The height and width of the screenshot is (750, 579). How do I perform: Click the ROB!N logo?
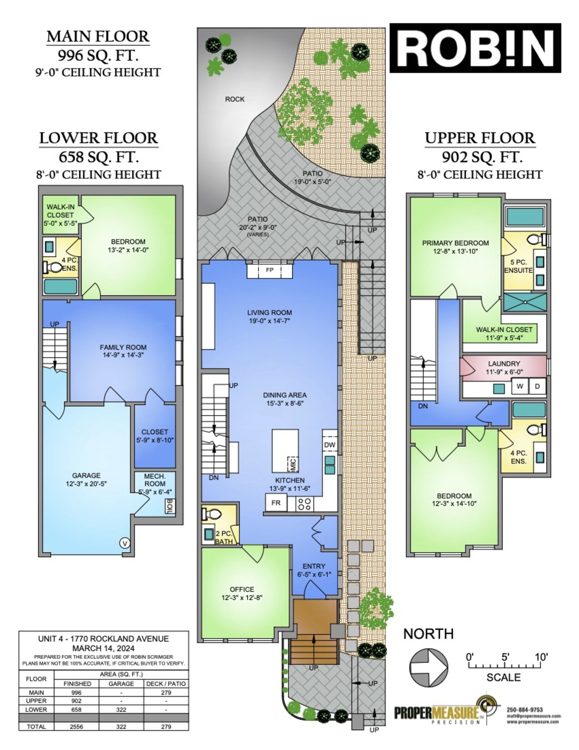click(x=475, y=48)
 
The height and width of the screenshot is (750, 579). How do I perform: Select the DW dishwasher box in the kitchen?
click(x=330, y=445)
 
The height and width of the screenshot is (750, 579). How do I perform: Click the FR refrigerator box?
click(x=276, y=503)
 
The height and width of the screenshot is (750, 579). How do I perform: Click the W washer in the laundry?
click(x=520, y=386)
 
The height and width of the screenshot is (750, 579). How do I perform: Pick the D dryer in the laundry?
click(x=537, y=386)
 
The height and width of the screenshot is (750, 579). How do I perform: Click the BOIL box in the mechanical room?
click(x=169, y=506)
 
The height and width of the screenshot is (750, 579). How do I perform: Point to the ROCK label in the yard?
click(x=234, y=99)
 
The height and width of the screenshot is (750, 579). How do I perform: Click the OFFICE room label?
click(x=242, y=589)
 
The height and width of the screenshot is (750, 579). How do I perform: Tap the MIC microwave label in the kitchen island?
click(x=293, y=464)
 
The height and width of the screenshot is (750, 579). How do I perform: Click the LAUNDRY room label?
click(x=504, y=364)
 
